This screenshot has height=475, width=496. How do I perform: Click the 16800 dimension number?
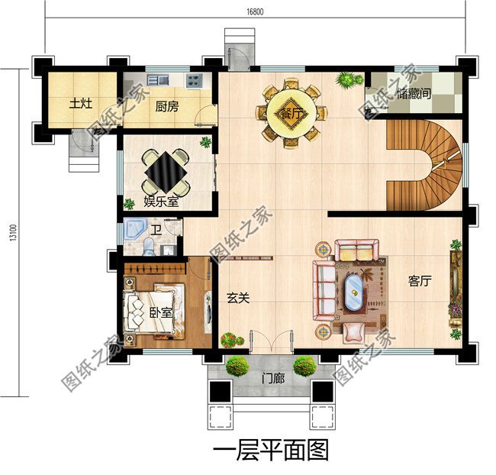256,11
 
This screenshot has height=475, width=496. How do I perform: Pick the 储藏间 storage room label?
415,95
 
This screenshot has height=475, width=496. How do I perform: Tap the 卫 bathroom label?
156,229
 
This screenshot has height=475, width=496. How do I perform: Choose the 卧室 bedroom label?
161,313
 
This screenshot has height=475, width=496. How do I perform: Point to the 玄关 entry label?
238,298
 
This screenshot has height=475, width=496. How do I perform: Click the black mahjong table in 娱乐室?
166,171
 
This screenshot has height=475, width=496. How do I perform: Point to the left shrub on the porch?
237,366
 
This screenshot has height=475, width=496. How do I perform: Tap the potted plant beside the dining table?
347,79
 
